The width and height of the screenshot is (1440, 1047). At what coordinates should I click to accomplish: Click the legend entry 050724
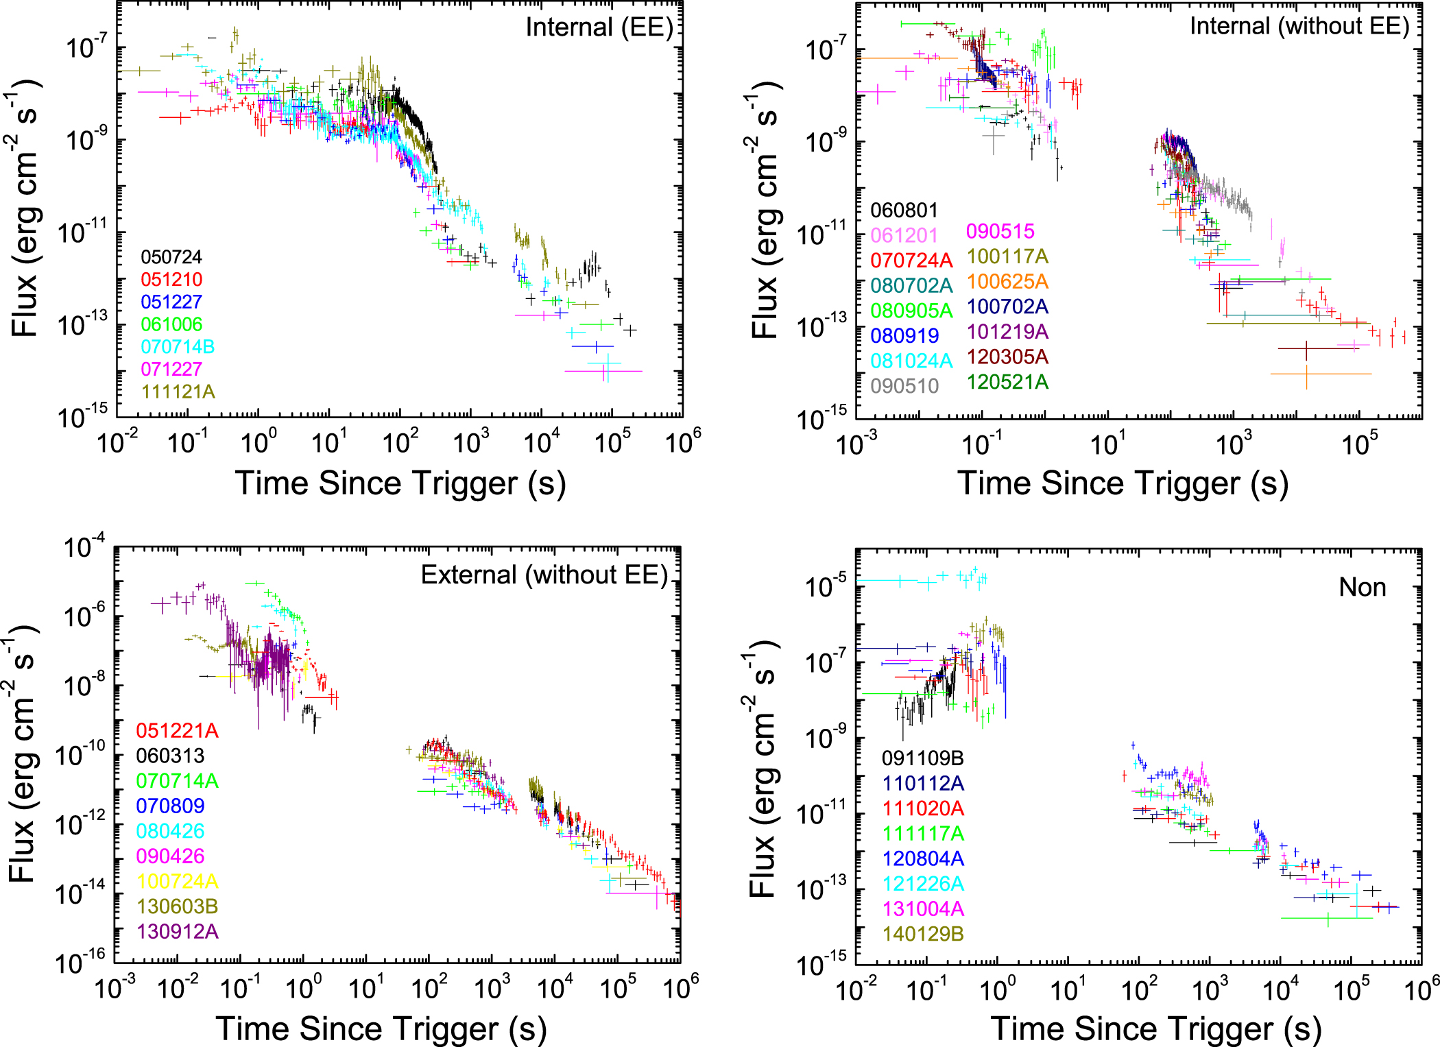(171, 257)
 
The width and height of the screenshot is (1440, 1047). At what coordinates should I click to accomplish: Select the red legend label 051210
(171, 280)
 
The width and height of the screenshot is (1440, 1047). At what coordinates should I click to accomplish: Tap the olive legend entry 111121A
(178, 392)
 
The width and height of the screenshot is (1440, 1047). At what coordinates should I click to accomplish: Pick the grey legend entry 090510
(904, 385)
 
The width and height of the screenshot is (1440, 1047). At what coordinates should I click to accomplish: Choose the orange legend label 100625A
(1007, 282)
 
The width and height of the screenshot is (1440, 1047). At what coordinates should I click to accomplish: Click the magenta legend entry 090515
(1000, 232)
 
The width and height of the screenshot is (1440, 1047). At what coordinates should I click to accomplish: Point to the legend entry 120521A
(1007, 382)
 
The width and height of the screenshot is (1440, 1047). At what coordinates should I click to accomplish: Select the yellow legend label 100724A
(177, 881)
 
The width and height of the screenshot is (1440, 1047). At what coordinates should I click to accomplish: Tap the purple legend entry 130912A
(177, 931)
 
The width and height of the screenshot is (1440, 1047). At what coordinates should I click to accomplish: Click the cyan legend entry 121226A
(923, 884)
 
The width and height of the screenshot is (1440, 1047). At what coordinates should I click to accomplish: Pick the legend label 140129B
(923, 934)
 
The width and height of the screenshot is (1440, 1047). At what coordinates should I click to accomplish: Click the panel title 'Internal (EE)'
(599, 27)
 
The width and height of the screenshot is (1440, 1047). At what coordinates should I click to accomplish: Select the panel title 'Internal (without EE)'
(1299, 26)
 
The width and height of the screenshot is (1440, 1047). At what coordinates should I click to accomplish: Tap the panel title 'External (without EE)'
(544, 575)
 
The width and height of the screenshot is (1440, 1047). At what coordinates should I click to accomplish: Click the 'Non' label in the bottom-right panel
(1362, 588)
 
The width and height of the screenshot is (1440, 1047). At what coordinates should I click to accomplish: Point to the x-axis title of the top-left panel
(400, 483)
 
